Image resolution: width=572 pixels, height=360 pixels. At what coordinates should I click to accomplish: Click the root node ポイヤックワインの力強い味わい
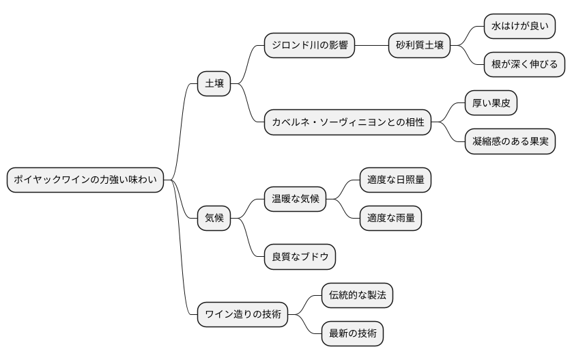(85, 180)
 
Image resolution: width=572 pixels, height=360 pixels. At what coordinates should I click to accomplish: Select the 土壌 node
(214, 85)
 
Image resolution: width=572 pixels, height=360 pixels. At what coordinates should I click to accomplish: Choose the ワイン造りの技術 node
(242, 315)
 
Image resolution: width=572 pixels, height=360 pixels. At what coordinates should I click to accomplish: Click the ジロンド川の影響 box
(309, 46)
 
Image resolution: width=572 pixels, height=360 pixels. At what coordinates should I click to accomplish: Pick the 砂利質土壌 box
(420, 46)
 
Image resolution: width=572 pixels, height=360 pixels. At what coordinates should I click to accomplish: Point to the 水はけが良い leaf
(519, 27)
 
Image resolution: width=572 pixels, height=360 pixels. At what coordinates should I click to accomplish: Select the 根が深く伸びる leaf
(524, 65)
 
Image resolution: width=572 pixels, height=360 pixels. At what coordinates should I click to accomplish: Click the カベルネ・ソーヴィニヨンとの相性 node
(347, 123)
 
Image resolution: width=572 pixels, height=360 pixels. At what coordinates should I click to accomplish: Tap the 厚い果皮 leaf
(491, 103)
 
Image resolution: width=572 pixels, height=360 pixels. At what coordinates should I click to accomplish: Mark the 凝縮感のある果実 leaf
(510, 142)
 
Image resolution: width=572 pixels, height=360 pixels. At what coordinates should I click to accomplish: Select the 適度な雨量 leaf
(390, 219)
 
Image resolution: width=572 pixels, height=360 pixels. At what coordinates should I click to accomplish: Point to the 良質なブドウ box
(300, 257)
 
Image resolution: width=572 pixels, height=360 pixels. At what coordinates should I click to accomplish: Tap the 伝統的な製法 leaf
(357, 296)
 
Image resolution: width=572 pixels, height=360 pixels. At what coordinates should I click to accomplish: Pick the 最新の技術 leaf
(352, 334)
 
